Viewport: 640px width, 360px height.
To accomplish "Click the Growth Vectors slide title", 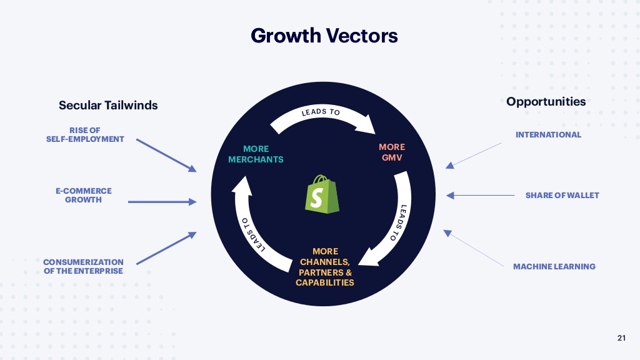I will pos(324,35).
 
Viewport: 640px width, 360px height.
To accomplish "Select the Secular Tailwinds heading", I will pos(108,105).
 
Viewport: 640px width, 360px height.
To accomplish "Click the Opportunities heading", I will pos(546,101).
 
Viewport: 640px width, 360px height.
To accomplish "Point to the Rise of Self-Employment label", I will pos(85,134).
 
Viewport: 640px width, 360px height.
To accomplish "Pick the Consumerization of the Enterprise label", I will pos(83,266).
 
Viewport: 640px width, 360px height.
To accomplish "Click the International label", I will pos(548,134).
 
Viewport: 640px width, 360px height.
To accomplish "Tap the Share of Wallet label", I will pos(562,195).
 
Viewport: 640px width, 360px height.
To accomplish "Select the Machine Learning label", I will pos(554,266).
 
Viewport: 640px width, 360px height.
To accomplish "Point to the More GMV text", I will pos(392,152).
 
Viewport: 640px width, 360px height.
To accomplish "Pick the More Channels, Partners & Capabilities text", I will pos(325,267).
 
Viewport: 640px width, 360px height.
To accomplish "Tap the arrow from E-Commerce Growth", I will pos(162,202).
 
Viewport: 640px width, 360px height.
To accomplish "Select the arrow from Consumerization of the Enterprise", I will pos(166,248).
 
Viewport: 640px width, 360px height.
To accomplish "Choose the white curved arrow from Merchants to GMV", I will pos(321,116).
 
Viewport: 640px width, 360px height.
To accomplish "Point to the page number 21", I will pos(621,338).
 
